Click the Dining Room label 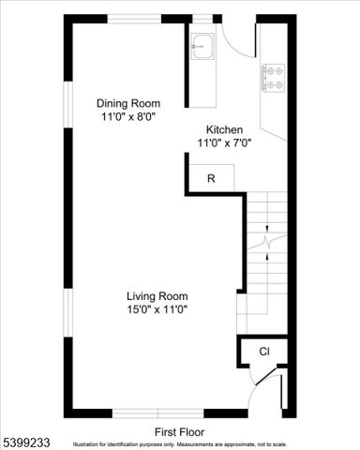point(129,104)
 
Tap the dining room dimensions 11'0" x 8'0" point(129,117)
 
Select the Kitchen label point(225,129)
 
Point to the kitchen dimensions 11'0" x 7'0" point(225,142)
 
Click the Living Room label point(157,296)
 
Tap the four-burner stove point(273,77)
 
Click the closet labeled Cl point(264,352)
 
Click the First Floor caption point(179,432)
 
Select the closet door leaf point(279,392)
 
